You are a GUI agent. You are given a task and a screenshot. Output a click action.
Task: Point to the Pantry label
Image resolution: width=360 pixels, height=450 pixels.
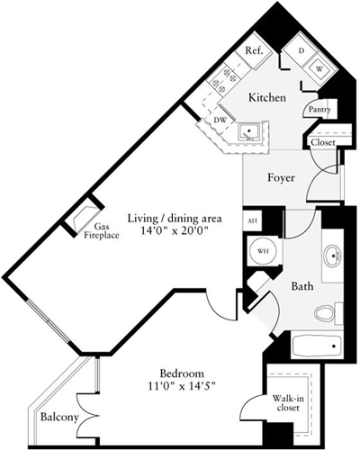click(319, 110)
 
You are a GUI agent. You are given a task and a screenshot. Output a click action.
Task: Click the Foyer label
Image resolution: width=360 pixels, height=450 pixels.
click(282, 177)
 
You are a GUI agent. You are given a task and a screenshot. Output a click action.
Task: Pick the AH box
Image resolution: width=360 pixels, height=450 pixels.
click(251, 220)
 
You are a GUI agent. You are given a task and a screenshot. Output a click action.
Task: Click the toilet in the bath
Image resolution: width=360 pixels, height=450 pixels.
click(325, 313)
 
